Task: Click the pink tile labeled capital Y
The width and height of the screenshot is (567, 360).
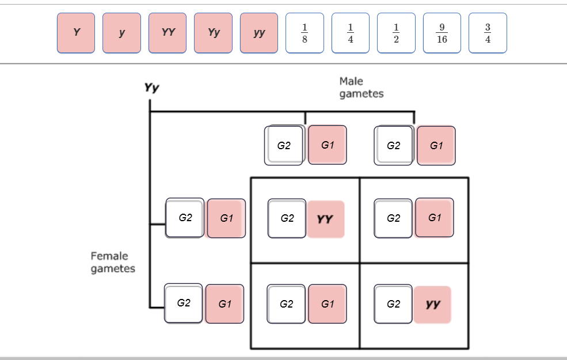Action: [76, 33]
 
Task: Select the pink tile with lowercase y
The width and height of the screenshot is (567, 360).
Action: [121, 33]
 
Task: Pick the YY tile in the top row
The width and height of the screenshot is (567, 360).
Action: [168, 33]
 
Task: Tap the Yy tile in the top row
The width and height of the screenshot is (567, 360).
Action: [214, 33]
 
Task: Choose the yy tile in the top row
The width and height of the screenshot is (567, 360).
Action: [259, 33]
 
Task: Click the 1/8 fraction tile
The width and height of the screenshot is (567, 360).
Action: [305, 33]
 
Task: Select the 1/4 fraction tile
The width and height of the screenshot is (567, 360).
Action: [351, 33]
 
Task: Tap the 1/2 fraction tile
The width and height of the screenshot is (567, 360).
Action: [396, 33]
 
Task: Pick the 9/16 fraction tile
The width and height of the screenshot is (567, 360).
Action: [442, 33]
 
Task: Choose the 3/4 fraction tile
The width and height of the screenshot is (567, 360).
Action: [488, 33]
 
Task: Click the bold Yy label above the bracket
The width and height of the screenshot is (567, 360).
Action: [152, 88]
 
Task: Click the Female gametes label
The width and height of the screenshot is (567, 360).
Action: [113, 262]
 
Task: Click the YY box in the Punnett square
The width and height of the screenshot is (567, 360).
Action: [326, 219]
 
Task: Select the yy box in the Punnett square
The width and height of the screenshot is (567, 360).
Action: [432, 304]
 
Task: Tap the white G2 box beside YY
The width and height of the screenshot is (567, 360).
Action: [287, 219]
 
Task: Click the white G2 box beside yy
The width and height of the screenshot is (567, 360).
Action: [393, 304]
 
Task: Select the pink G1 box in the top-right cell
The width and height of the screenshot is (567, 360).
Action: [434, 218]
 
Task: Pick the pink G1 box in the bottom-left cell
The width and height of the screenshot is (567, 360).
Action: [328, 304]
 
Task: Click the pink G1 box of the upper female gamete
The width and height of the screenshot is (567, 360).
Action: [226, 218]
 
